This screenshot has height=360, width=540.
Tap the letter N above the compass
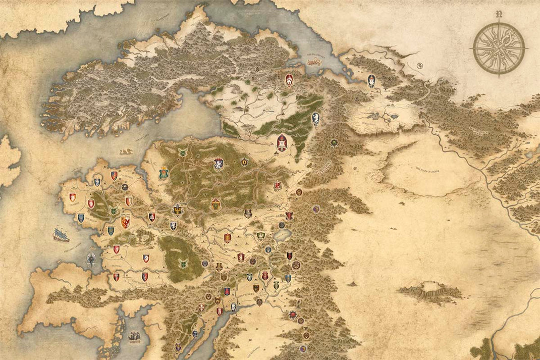coord(499,14)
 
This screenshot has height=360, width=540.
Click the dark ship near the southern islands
coord(135,337)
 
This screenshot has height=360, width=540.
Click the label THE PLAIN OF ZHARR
coord(428,170)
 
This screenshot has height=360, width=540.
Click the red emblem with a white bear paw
coord(289,80)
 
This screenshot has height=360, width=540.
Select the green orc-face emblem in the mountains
coord(334,143)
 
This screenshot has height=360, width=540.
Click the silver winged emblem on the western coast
coord(91,259)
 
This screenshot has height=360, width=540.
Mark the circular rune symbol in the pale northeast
coord(420,65)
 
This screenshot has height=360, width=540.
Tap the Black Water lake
coord(282,235)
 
